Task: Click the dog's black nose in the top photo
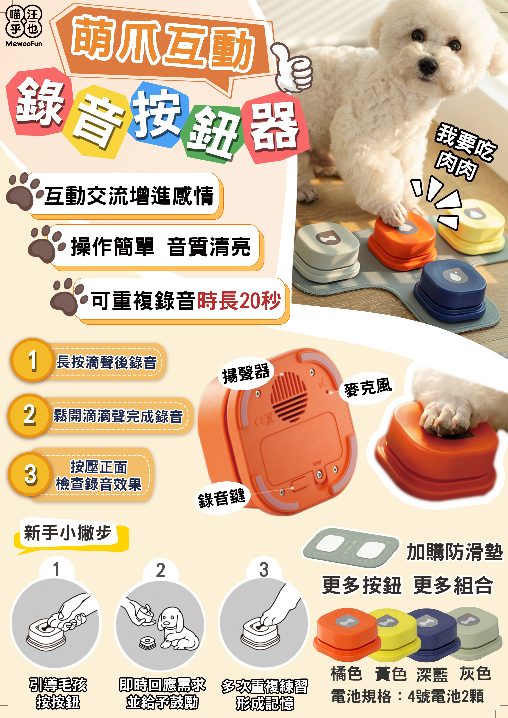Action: (427, 65)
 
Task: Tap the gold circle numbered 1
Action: (32, 360)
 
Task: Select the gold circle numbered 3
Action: (30, 474)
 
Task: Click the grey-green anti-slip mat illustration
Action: (350, 548)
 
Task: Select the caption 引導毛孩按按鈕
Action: (58, 694)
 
